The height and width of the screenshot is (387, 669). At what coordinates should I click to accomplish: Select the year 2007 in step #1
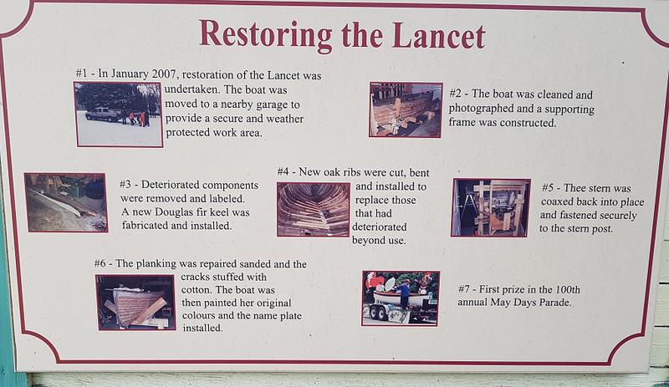[x=164, y=74]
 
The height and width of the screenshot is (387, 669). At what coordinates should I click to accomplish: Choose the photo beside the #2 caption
[x=406, y=109]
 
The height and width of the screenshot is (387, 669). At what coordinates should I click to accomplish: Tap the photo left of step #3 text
[x=66, y=202]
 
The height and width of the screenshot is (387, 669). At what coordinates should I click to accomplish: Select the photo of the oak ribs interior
[x=313, y=210]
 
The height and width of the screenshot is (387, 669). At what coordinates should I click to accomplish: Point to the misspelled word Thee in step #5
[x=575, y=188]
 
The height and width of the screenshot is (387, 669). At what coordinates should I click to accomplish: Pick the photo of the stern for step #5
[x=491, y=207]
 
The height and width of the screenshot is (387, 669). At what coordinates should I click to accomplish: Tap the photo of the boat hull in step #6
[x=135, y=302]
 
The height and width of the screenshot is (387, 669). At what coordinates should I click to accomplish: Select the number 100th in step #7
[x=568, y=290]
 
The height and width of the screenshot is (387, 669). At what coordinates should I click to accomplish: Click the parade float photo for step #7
[x=401, y=298]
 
